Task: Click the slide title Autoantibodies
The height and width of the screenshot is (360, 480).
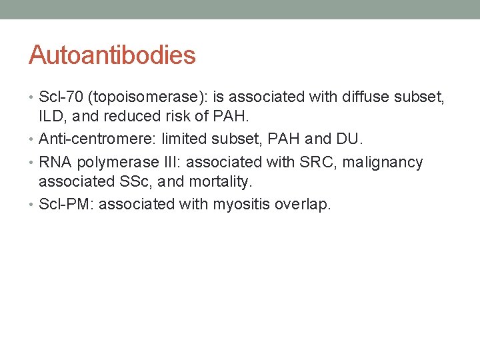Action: point(112,55)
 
